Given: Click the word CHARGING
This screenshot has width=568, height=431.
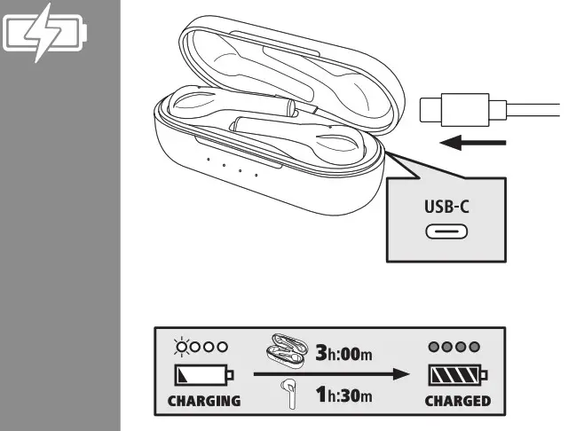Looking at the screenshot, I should (x=204, y=401).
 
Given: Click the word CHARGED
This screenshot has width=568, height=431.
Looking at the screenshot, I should (x=457, y=401).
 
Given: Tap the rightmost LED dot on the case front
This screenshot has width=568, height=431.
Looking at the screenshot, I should (x=256, y=174).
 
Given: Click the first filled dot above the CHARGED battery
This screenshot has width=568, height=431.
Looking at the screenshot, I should (x=435, y=347).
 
